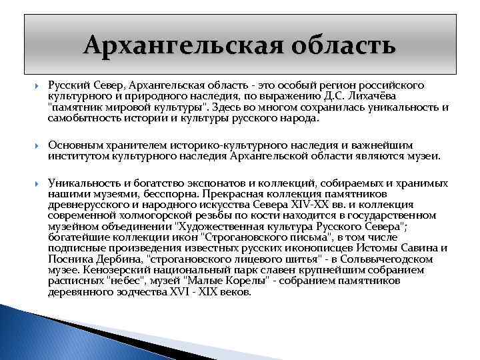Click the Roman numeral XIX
pos(201,291)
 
